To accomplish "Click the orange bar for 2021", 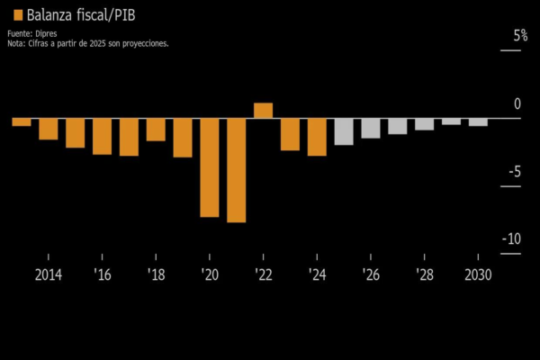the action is click(x=236, y=170).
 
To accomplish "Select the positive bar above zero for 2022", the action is click(x=263, y=110).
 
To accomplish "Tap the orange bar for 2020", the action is click(x=210, y=167).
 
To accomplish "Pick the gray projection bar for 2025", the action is click(x=344, y=131).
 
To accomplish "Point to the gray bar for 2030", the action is click(x=478, y=122).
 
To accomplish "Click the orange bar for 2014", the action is click(x=49, y=129).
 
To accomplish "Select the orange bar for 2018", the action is click(x=156, y=130).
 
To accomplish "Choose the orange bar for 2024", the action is click(x=317, y=137).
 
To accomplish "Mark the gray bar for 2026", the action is click(x=371, y=128).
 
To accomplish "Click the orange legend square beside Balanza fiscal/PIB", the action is click(x=18, y=15).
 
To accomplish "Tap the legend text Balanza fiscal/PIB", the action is click(x=81, y=15).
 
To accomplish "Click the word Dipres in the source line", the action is click(x=46, y=34).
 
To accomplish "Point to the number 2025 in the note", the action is click(x=97, y=44).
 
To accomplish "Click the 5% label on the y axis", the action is click(x=520, y=35).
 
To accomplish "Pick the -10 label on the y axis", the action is click(x=512, y=238).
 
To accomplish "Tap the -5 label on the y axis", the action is click(x=515, y=171).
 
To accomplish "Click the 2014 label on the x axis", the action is click(x=49, y=274).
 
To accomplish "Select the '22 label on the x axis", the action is click(x=264, y=274).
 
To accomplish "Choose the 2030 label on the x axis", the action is click(x=478, y=274).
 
